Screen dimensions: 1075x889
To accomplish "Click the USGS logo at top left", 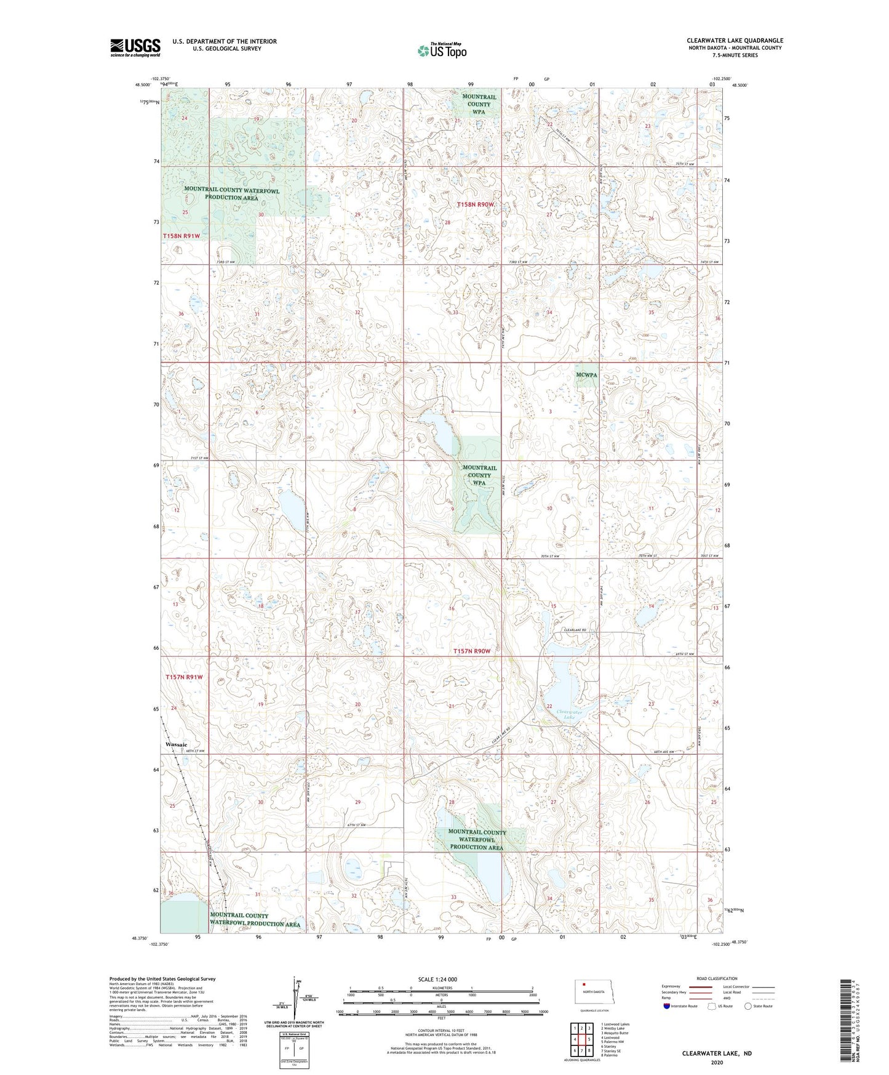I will point(135,47).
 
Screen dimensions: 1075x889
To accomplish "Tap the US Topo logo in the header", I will point(441,50).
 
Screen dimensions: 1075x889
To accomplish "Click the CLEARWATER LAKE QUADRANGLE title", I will point(735,41).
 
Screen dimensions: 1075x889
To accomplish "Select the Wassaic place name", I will point(176,744).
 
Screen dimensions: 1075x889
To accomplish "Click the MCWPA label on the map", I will point(586,375).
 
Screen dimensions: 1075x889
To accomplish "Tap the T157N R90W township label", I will point(472,651).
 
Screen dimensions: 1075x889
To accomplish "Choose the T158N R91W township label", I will point(181,236).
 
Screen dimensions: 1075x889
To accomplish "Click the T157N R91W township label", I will point(184,677).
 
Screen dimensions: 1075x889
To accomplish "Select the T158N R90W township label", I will point(476,204).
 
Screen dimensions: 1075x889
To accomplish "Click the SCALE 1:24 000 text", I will point(437,979).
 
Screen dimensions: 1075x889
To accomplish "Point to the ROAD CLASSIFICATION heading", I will point(717,978).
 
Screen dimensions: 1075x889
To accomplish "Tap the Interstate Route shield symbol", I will point(668,1006).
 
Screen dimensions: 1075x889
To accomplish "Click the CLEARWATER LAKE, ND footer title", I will point(716,1053).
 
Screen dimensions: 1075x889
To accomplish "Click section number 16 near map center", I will point(452,608).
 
